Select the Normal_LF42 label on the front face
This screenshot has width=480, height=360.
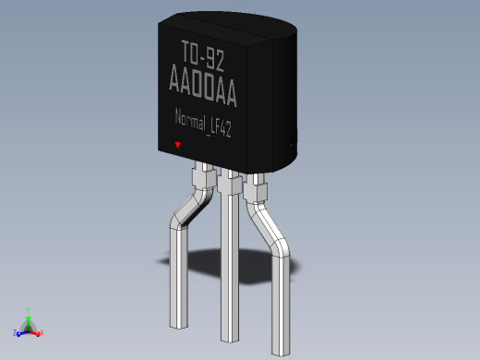pyautogui.click(x=203, y=124)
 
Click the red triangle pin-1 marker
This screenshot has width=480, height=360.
pyautogui.click(x=178, y=145)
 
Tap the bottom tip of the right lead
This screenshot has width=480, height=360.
pyautogui.click(x=280, y=350)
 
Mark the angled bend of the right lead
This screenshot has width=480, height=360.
pyautogui.click(x=267, y=226)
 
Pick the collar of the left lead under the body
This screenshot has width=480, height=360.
pyautogui.click(x=201, y=176)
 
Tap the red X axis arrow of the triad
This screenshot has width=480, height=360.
pyautogui.click(x=41, y=332)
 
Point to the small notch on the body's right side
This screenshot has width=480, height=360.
pyautogui.click(x=294, y=138)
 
